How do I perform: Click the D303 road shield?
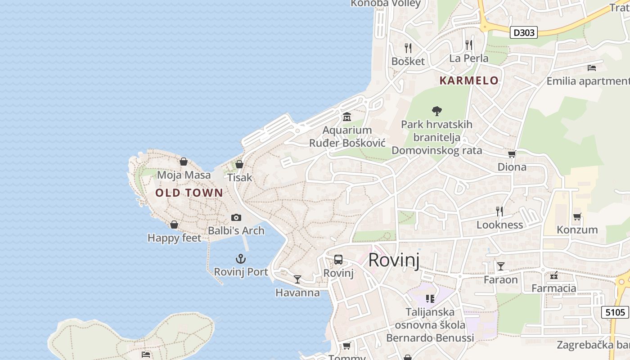pyautogui.click(x=524, y=32)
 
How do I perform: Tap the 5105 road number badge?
pyautogui.click(x=615, y=312)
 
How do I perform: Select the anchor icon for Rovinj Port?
pyautogui.click(x=241, y=259)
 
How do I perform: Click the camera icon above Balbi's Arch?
pyautogui.click(x=236, y=218)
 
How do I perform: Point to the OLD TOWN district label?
pyautogui.click(x=189, y=193)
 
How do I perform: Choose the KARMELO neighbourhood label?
pyautogui.click(x=469, y=81)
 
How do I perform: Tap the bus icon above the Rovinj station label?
pyautogui.click(x=338, y=260)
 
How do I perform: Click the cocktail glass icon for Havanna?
pyautogui.click(x=297, y=279)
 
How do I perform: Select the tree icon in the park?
pyautogui.click(x=436, y=111)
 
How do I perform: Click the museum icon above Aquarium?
pyautogui.click(x=347, y=117)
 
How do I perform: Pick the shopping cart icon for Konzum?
pyautogui.click(x=577, y=217)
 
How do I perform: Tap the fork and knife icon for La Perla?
pyautogui.click(x=468, y=45)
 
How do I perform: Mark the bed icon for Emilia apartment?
pyautogui.click(x=592, y=68)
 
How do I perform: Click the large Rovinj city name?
pyautogui.click(x=394, y=261)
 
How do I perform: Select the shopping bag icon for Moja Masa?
pyautogui.click(x=184, y=162)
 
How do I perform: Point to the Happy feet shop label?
pyautogui.click(x=174, y=238)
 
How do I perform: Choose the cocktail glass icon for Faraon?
pyautogui.click(x=500, y=266)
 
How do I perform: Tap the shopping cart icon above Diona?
pyautogui.click(x=512, y=154)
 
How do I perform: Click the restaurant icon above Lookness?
pyautogui.click(x=499, y=211)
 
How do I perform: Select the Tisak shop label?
pyautogui.click(x=239, y=178)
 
